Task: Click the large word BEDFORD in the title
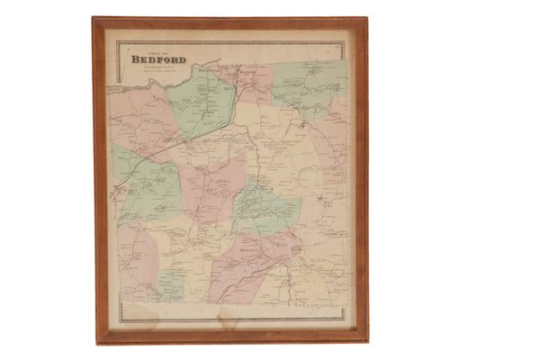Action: click(x=158, y=60)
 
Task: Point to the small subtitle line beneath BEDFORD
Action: click(x=159, y=69)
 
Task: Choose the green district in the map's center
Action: click(x=266, y=209)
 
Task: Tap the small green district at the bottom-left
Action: click(x=171, y=285)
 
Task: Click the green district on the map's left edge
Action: click(x=144, y=189)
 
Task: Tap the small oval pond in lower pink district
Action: click(x=294, y=242)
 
